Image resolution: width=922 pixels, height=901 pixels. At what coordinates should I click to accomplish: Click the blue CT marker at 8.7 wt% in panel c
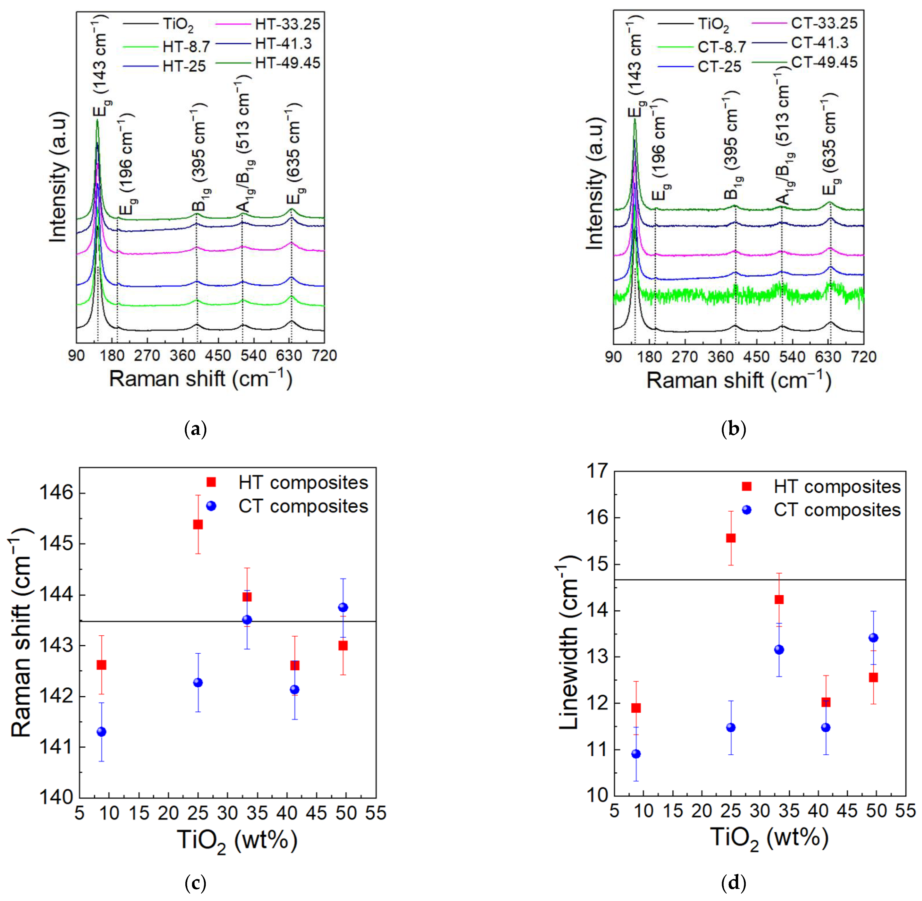(x=101, y=732)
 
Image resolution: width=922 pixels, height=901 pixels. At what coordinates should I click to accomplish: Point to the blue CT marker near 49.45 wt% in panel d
(x=873, y=638)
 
